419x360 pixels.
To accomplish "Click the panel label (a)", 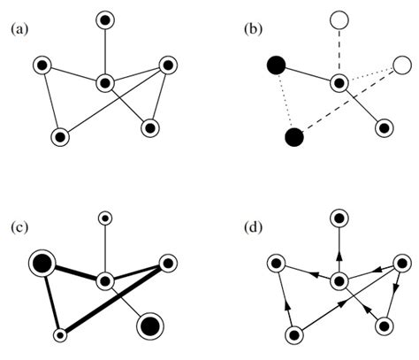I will pyautogui.click(x=19, y=29).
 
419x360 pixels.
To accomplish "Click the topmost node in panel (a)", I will pyautogui.click(x=105, y=19).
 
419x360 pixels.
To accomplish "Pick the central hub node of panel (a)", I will pyautogui.click(x=105, y=83).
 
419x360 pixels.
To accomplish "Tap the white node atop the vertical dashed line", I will pyautogui.click(x=339, y=19).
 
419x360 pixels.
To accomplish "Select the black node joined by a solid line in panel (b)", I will pyautogui.click(x=276, y=64).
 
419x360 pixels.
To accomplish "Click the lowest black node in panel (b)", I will pyautogui.click(x=294, y=137).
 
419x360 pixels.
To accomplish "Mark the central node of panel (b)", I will pyautogui.click(x=339, y=83).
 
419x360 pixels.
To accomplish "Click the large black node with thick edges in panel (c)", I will pyautogui.click(x=42, y=262).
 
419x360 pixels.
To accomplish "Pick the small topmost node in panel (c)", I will pyautogui.click(x=105, y=217).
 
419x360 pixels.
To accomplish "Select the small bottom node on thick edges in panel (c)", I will pyautogui.click(x=60, y=334).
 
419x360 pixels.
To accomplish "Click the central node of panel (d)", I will pyautogui.click(x=339, y=281).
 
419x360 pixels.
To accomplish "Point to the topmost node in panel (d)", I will pyautogui.click(x=339, y=217).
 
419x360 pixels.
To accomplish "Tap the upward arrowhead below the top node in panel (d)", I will pyautogui.click(x=339, y=255).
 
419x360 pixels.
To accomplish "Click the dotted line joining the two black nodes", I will pyautogui.click(x=285, y=100).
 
